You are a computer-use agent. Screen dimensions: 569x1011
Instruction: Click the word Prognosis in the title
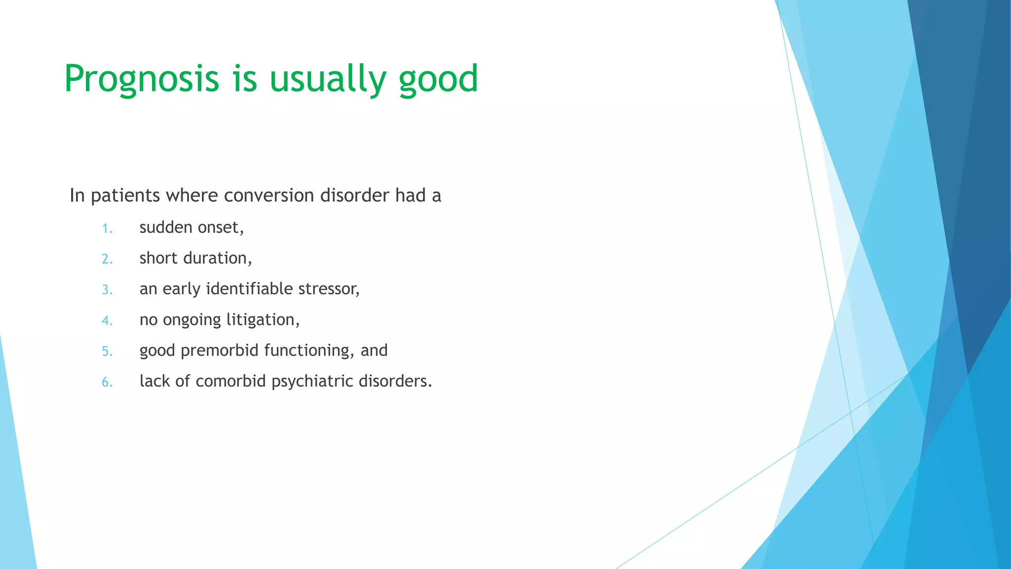pyautogui.click(x=141, y=79)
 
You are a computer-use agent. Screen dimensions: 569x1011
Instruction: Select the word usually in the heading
pyautogui.click(x=327, y=79)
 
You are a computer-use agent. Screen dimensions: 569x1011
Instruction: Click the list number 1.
pyautogui.click(x=107, y=229)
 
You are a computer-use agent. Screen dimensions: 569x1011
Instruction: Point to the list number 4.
pyautogui.click(x=107, y=321)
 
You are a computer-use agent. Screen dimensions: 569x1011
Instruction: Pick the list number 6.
pyautogui.click(x=107, y=382)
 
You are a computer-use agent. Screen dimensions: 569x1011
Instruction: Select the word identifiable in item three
pyautogui.click(x=249, y=288)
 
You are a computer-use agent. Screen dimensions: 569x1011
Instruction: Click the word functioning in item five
pyautogui.click(x=309, y=350)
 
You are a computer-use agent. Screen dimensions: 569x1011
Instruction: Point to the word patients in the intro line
pyautogui.click(x=125, y=196)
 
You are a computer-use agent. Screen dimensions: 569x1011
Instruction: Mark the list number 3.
pyautogui.click(x=107, y=290)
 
